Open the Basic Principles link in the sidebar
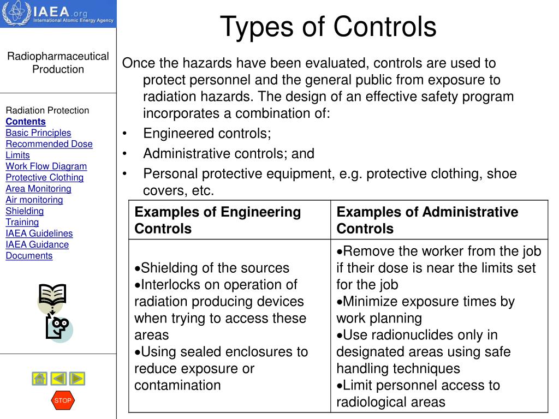tap(38, 133)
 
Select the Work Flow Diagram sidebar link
tap(46, 166)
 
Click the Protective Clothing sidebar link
tap(45, 177)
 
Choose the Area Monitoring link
tap(38, 189)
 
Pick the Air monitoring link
tap(34, 200)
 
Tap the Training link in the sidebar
tap(22, 222)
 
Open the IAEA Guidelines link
tap(39, 234)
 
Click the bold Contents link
tap(26, 122)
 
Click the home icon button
tap(40, 378)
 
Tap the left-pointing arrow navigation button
tap(58, 378)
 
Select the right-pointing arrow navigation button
tap(77, 378)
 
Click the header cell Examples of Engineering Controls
tap(218, 220)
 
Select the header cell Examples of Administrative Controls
tap(427, 220)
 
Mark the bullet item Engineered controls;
tap(207, 134)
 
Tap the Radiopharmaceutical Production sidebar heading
tap(58, 63)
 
